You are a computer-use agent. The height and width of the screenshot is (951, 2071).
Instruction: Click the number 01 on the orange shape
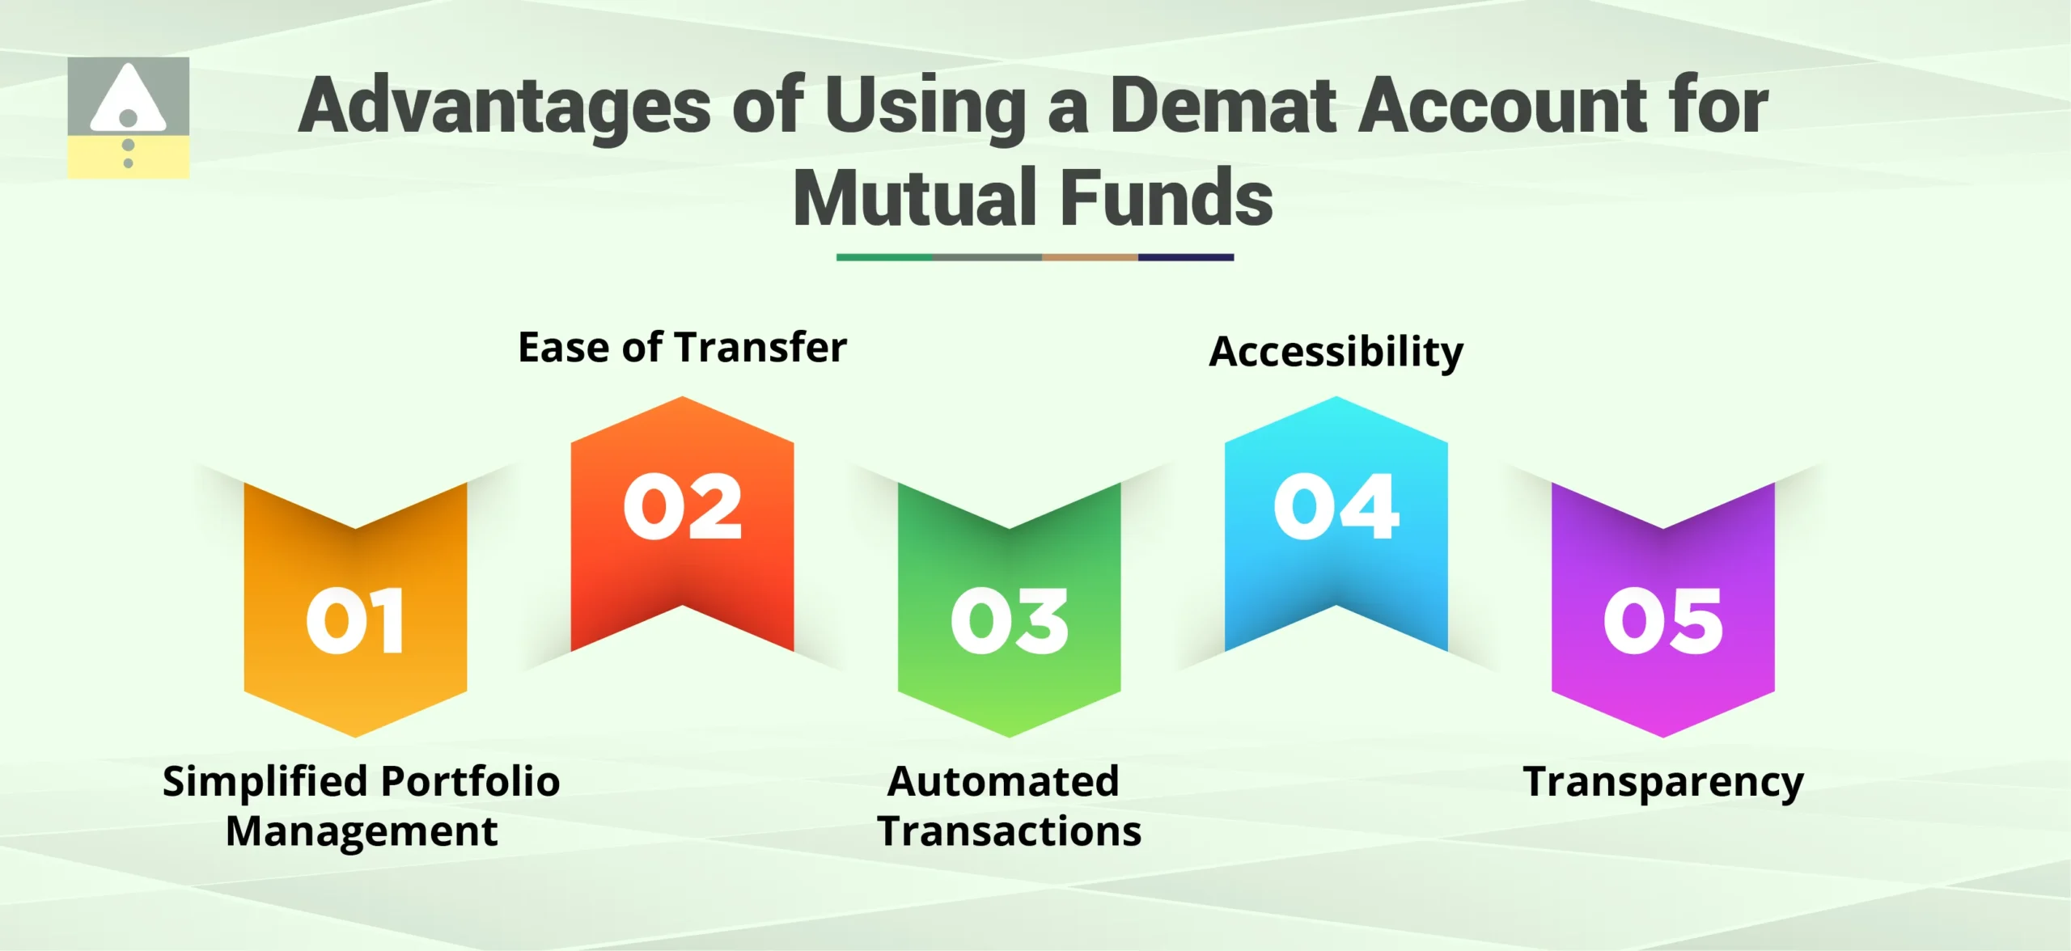click(355, 621)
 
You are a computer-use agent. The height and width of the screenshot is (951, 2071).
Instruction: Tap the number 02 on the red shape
click(682, 507)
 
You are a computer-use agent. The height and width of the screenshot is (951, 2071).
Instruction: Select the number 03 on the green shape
click(1009, 621)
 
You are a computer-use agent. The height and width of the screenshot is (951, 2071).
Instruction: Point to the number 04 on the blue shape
click(1336, 507)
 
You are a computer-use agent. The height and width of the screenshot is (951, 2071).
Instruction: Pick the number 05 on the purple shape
click(1662, 621)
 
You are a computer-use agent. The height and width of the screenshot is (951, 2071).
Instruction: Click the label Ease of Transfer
click(682, 348)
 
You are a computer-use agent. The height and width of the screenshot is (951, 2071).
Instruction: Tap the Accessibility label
click(1336, 352)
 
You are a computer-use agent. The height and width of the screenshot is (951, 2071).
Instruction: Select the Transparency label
click(1662, 782)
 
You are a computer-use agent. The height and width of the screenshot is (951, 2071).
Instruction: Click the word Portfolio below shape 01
click(470, 782)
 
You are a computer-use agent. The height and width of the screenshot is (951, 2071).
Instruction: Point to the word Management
click(362, 831)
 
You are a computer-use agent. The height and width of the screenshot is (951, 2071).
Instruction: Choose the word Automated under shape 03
click(1003, 782)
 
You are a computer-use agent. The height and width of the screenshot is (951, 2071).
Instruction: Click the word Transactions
click(1009, 831)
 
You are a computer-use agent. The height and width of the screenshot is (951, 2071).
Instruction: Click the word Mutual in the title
click(915, 198)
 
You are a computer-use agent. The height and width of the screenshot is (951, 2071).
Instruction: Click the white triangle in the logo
click(128, 99)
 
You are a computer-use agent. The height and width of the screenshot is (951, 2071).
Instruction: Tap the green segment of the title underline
click(883, 257)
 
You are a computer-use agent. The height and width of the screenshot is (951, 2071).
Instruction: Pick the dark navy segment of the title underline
click(1185, 257)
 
